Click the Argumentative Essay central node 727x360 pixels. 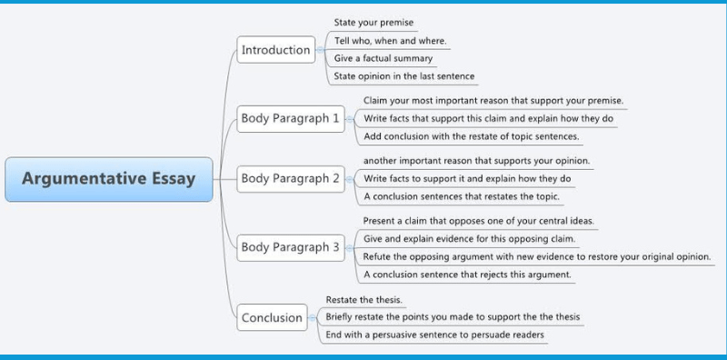pos(109,178)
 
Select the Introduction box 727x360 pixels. pos(275,50)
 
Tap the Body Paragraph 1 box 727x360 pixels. pos(290,118)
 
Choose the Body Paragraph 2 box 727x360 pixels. pos(290,178)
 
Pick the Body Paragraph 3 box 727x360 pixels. pos(290,246)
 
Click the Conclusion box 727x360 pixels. pos(272,317)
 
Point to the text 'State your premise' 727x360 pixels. pos(374,23)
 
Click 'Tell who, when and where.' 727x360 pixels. pos(390,41)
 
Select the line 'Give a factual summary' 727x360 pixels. pos(383,58)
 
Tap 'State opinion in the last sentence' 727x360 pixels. pos(403,76)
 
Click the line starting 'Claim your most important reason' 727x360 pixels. pos(493,100)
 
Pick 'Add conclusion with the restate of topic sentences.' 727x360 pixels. pos(471,136)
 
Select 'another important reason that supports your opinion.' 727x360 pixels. pos(476,161)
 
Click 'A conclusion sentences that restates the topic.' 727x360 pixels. pos(462,196)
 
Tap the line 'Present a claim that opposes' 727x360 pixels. pos(479,221)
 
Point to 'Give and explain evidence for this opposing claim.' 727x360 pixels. pos(469,238)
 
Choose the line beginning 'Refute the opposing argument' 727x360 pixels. pos(536,256)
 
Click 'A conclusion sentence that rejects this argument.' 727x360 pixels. pos(467,274)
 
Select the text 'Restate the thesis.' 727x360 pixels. pos(363,299)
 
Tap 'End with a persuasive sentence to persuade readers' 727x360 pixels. pos(434,335)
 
